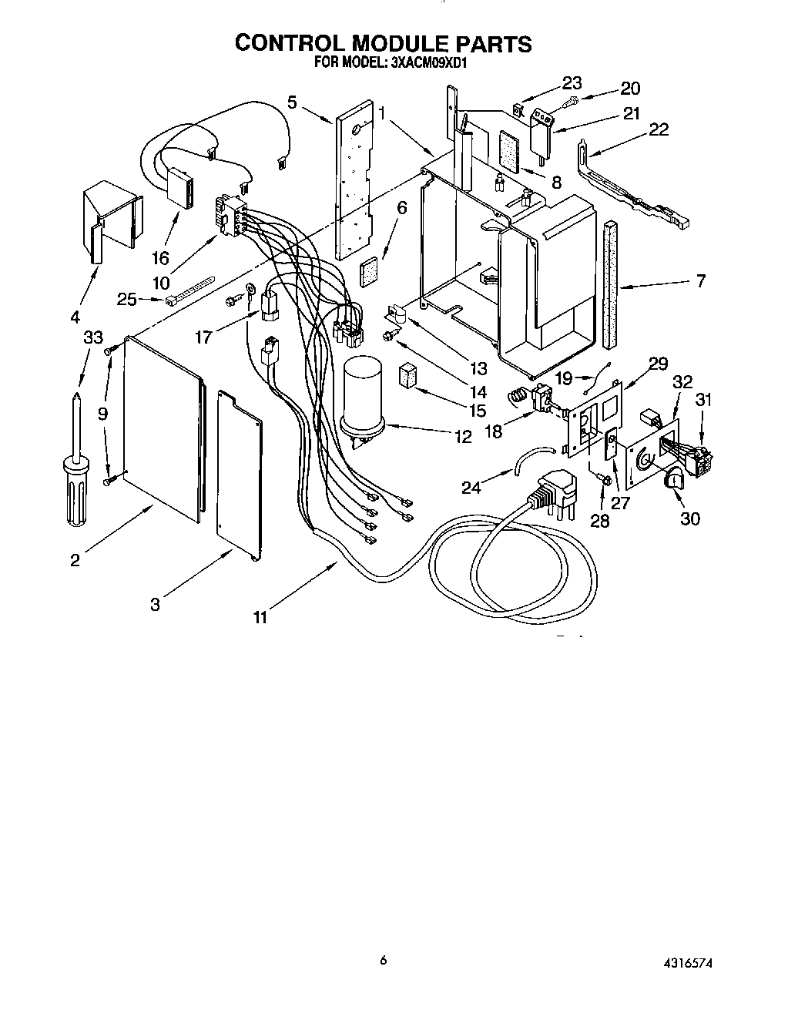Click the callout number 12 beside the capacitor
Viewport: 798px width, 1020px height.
coord(463,436)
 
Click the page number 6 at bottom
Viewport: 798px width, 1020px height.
coord(383,960)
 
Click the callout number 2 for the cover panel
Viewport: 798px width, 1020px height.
coord(75,560)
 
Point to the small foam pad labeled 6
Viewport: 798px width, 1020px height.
coord(370,271)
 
